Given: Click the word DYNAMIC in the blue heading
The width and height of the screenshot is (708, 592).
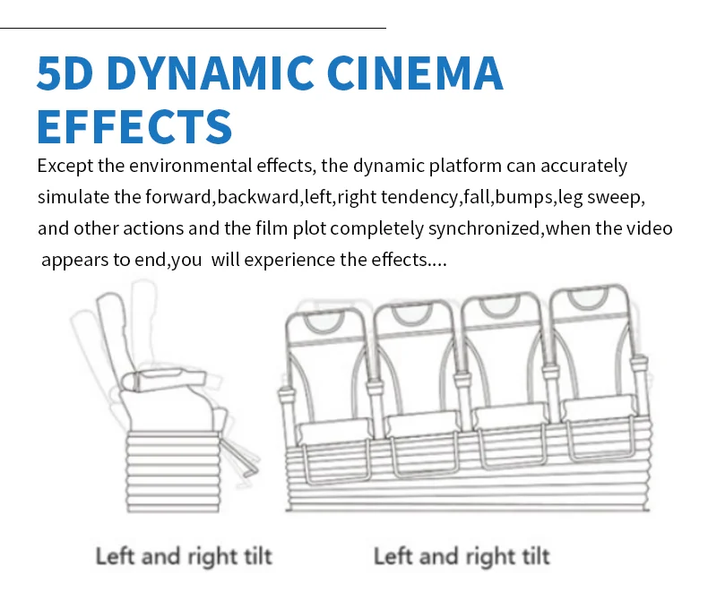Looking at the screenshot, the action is (210, 73).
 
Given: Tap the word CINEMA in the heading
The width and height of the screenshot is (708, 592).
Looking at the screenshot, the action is (415, 73).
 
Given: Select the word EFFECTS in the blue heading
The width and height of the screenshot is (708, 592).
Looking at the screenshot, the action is (134, 126).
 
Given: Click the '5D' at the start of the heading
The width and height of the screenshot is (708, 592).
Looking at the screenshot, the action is (65, 73).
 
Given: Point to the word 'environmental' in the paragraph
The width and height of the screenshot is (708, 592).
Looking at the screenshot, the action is (190, 166).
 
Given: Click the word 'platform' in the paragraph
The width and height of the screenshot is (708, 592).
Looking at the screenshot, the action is (465, 166).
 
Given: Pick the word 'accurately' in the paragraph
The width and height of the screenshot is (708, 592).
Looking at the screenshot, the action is (583, 166).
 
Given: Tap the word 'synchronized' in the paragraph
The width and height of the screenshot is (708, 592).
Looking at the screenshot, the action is (484, 228).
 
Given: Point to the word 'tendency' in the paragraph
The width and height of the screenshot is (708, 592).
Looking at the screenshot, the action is (419, 198).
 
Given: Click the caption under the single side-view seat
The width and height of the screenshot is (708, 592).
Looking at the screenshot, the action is (184, 556).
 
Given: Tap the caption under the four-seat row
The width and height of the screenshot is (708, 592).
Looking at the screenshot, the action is (462, 556).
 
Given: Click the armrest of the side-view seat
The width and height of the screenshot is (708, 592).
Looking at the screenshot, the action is (164, 379).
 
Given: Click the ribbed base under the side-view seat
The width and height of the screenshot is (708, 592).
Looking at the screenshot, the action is (173, 471).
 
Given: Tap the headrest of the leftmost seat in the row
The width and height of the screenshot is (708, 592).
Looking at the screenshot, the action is (324, 320).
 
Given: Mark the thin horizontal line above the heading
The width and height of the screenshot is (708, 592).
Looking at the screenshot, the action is (194, 28).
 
